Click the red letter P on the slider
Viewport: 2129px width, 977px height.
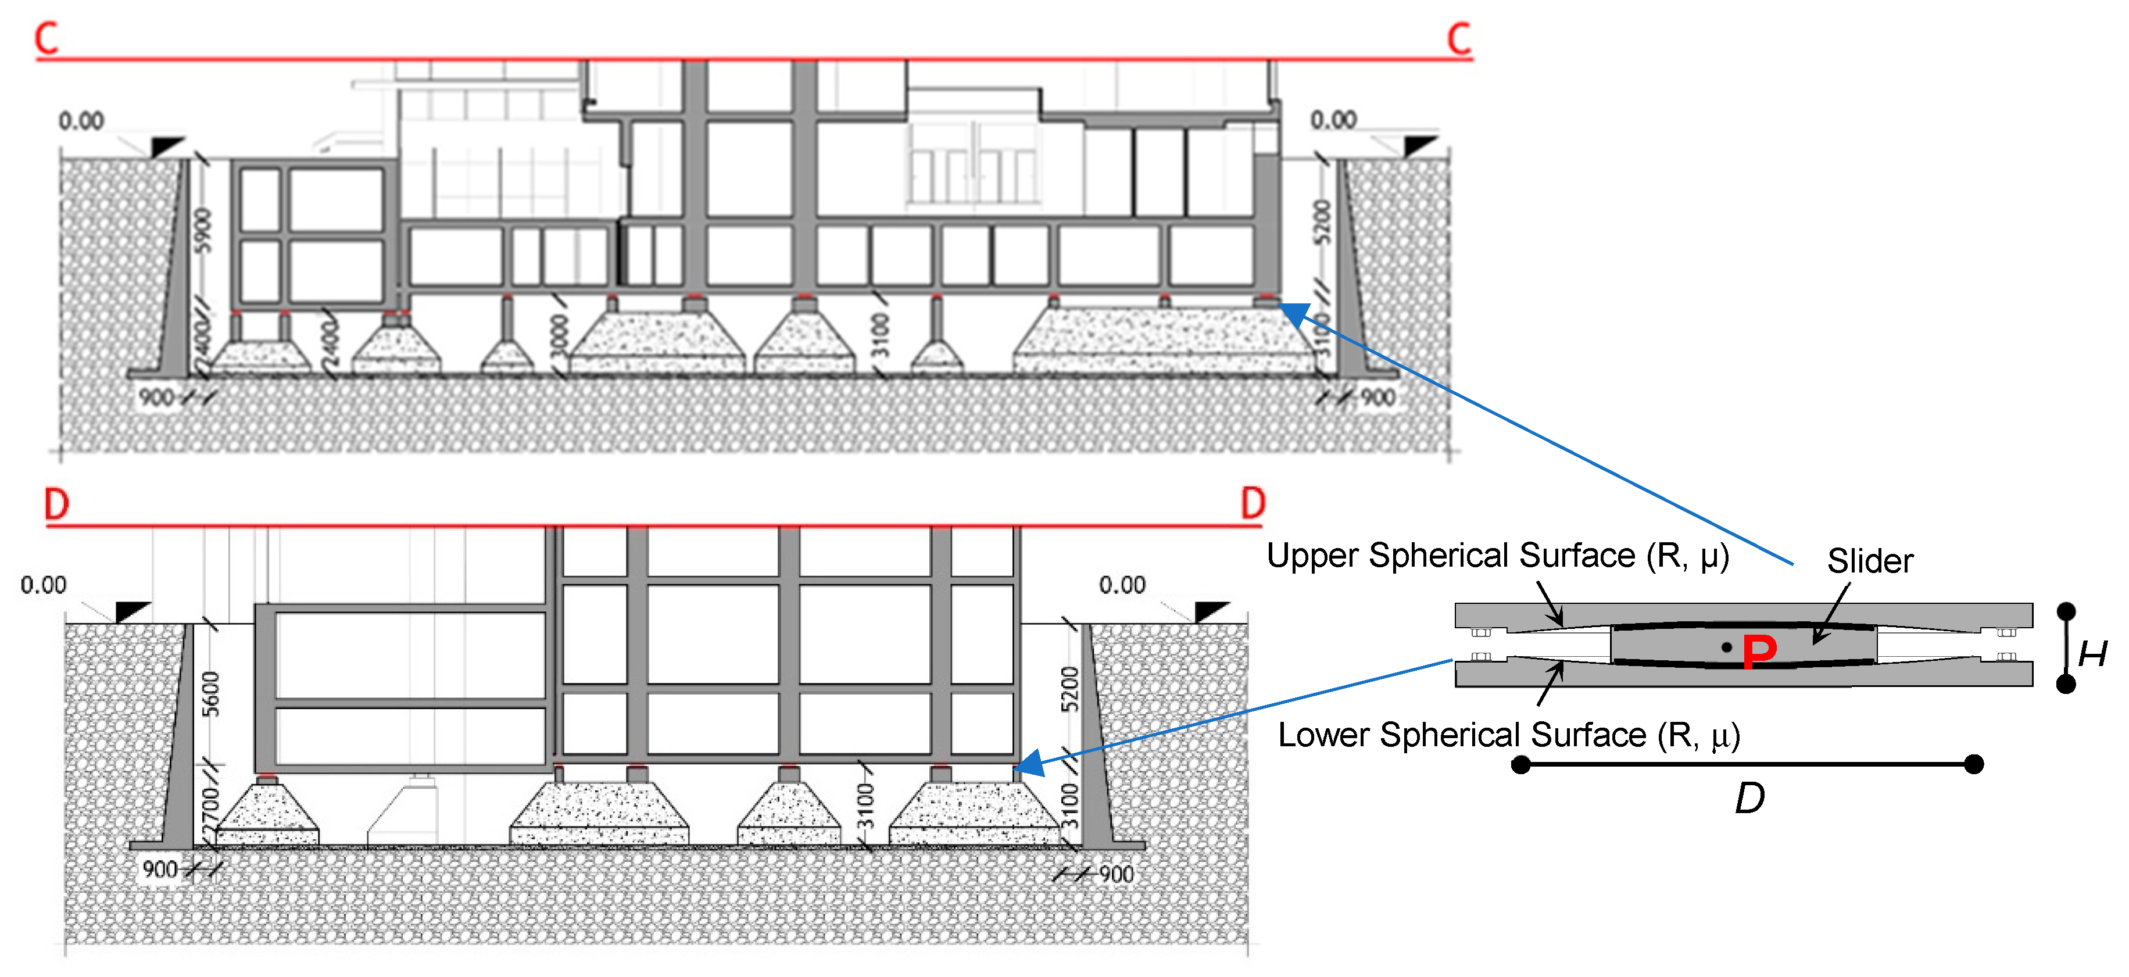click(1759, 652)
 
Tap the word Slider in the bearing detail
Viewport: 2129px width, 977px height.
click(1870, 561)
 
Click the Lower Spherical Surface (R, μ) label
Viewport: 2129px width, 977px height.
click(1508, 735)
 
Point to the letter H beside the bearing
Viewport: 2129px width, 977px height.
click(2092, 654)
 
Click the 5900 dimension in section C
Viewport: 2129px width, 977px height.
click(202, 231)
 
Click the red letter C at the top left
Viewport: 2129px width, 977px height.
click(47, 39)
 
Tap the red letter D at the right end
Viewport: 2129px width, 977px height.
click(1253, 503)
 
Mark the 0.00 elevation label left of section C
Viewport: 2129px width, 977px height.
click(81, 121)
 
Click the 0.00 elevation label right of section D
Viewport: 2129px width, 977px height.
click(1122, 585)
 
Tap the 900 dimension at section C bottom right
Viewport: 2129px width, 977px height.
click(1377, 398)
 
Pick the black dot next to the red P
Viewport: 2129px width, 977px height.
click(1726, 647)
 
